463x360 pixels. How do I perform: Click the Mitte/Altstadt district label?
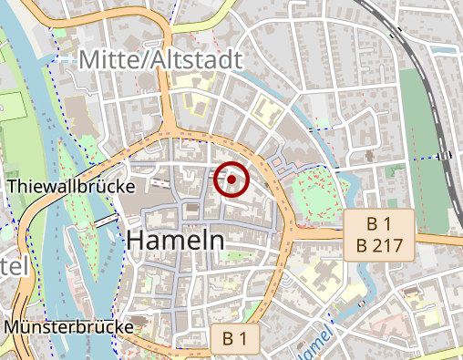coord(160,60)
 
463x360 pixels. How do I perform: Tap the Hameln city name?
coord(176,241)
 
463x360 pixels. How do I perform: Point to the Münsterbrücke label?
coord(68,325)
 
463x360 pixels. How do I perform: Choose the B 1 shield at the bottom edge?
coord(234,339)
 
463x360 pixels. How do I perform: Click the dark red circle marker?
coord(231,180)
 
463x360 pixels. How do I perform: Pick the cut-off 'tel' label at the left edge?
coord(15,266)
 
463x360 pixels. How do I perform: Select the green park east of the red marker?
coord(319,193)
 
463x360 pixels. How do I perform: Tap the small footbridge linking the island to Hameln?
coord(105,221)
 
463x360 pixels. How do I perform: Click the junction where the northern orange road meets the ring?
coord(168,128)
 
